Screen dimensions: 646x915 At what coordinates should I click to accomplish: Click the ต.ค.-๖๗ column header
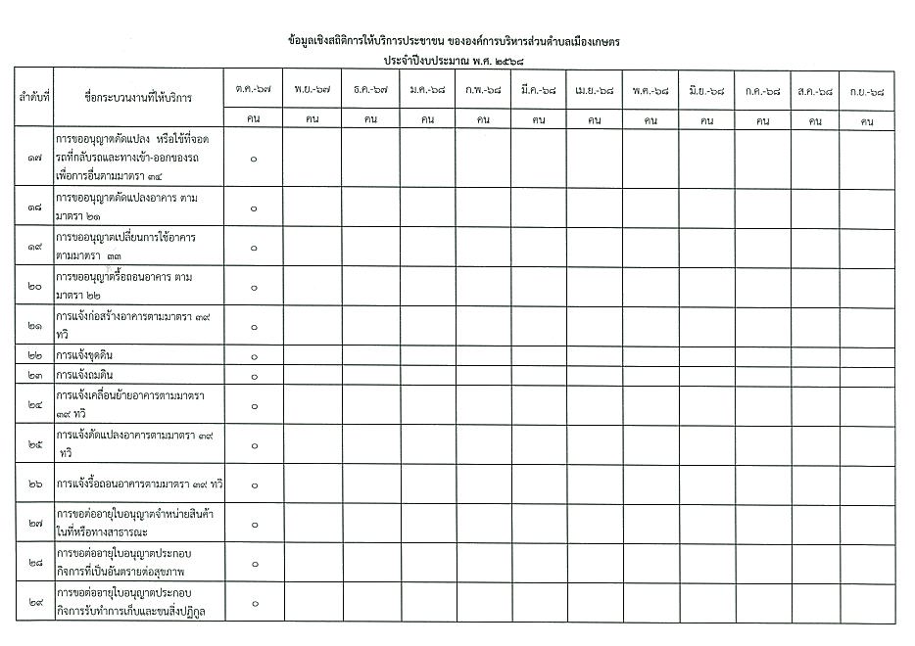254,90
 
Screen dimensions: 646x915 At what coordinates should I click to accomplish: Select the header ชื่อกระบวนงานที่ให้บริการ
138,98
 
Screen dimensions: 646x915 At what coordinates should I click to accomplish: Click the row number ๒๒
34,355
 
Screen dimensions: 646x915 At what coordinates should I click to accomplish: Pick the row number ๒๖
34,484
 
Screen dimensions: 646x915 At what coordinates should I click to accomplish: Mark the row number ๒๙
34,603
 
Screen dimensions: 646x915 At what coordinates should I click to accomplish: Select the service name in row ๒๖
140,484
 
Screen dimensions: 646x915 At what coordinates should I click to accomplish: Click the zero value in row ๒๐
254,287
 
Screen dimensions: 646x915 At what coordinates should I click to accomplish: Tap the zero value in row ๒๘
254,564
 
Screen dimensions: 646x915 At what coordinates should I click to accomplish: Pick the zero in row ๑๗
254,159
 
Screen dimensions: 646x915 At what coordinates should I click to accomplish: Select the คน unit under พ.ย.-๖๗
313,121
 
